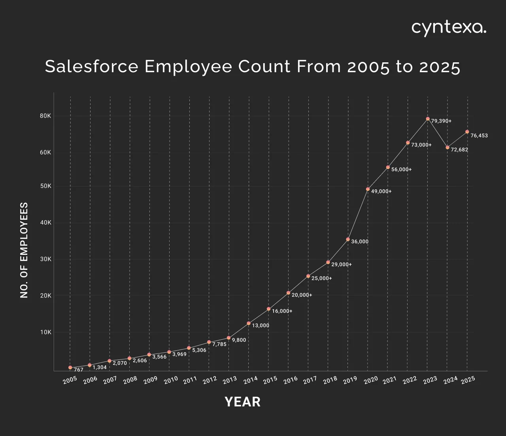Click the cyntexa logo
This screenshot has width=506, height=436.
point(449,28)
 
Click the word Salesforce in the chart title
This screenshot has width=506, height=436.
point(91,66)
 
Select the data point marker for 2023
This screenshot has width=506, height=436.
point(428,119)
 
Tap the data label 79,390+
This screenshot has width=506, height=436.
point(441,121)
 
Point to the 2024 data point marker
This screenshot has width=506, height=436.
point(447,147)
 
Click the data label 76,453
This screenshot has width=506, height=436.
point(479,136)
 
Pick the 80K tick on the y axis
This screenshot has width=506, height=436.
point(45,116)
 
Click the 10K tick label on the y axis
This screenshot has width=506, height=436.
point(45,332)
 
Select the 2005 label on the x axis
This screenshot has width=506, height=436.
point(70,380)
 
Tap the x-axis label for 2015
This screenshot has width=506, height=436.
point(270,380)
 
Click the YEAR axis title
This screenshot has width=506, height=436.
point(243,402)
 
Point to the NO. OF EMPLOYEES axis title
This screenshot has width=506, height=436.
point(24,250)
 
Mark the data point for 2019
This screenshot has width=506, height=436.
point(348,239)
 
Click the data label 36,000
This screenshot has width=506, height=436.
point(360,241)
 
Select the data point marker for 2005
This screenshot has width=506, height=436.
point(70,367)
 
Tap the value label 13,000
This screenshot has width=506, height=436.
point(261,326)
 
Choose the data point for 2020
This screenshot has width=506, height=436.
point(368,189)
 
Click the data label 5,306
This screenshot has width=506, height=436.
point(199,350)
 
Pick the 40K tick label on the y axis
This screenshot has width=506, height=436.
point(45,223)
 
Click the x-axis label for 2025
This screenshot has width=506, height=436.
point(468,380)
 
